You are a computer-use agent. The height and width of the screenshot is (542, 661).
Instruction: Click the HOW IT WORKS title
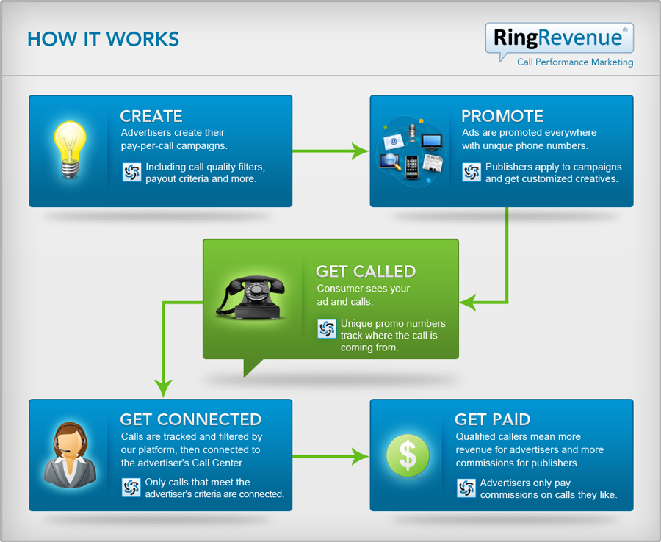[103, 39]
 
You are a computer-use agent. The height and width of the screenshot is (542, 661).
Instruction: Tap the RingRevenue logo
[559, 37]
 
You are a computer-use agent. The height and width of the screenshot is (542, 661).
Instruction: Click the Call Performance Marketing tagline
[574, 62]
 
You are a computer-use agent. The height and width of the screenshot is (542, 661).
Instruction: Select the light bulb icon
[70, 148]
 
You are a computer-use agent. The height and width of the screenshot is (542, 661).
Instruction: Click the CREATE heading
[151, 116]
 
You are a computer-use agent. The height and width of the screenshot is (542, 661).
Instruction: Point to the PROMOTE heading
[502, 116]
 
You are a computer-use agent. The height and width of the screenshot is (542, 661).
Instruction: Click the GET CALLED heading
[366, 272]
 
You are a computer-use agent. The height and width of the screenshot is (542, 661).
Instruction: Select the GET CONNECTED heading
[190, 419]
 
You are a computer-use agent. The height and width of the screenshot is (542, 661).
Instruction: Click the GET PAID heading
[492, 419]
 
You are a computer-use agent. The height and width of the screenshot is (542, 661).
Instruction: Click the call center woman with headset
[70, 456]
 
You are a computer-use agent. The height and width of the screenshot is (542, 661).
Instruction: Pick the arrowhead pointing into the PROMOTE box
[360, 151]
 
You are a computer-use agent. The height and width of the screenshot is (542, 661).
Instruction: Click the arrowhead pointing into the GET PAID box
[360, 456]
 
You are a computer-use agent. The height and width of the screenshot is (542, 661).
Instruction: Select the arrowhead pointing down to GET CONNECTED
[162, 389]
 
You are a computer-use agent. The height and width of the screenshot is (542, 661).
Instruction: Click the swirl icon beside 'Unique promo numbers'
[327, 330]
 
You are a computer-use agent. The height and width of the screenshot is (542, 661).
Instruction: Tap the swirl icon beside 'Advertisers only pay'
[466, 488]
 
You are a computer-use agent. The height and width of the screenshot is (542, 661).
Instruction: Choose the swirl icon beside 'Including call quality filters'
[131, 173]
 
